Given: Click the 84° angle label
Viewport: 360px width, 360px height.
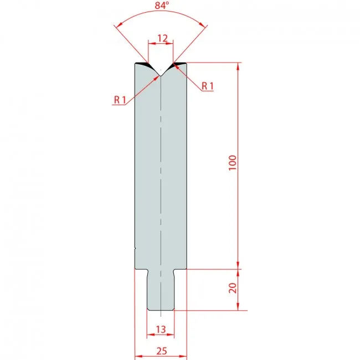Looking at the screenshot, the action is click(x=162, y=6).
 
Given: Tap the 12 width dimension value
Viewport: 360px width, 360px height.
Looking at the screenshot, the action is click(x=162, y=38).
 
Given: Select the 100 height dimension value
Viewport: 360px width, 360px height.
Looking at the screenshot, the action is click(x=233, y=162).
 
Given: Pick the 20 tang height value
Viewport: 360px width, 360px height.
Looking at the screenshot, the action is click(x=233, y=288).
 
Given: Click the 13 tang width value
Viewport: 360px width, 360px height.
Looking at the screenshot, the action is click(x=161, y=330).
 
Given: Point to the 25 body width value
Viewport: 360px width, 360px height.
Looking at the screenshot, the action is click(x=162, y=351).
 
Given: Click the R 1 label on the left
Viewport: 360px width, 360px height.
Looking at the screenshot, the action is click(x=120, y=100).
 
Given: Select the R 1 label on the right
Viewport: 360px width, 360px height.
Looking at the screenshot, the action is click(x=208, y=86).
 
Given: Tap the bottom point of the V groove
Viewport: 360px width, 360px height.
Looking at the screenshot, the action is click(x=161, y=76).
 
